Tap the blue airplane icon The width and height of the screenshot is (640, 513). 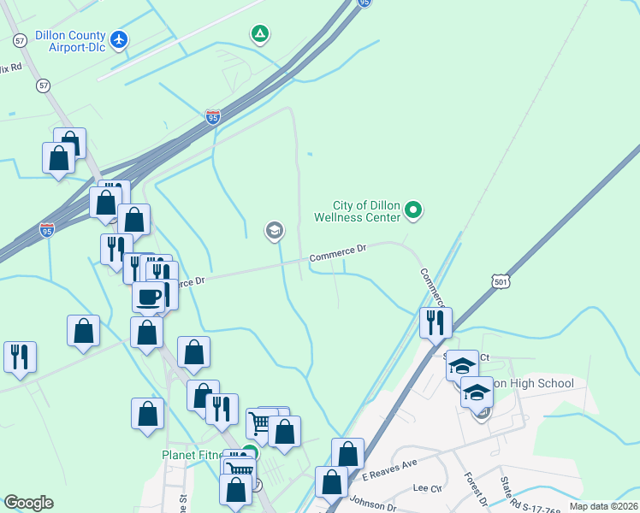tap(119, 39)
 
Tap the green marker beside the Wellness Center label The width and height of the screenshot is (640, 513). tap(414, 209)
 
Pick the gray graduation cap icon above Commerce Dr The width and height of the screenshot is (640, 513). tap(275, 230)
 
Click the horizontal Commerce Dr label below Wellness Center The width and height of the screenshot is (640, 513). tap(337, 254)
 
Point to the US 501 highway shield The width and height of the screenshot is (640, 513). tap(501, 280)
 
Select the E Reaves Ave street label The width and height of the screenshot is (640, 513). tap(388, 469)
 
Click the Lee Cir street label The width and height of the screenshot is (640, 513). tap(426, 488)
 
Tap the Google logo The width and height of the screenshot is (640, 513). tap(28, 503)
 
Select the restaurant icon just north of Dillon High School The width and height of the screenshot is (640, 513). tap(436, 321)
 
